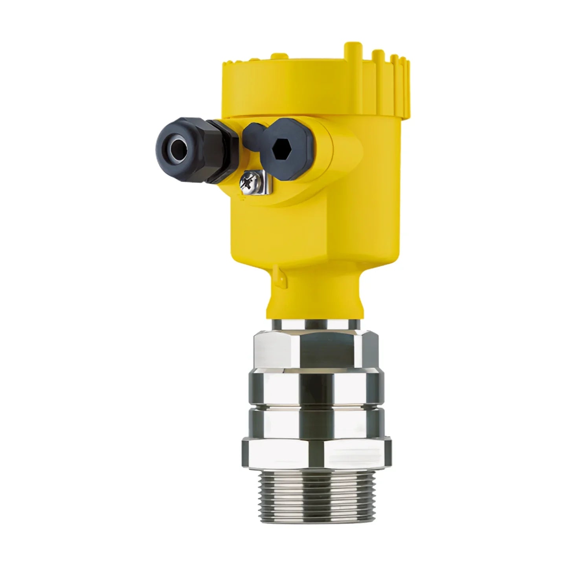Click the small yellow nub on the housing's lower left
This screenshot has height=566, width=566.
click(278, 272)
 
